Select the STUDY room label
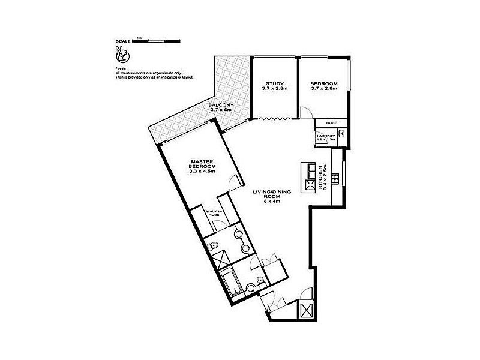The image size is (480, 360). tap(274, 83)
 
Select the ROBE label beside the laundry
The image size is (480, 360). tap(331, 122)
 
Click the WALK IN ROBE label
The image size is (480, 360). tap(213, 214)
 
